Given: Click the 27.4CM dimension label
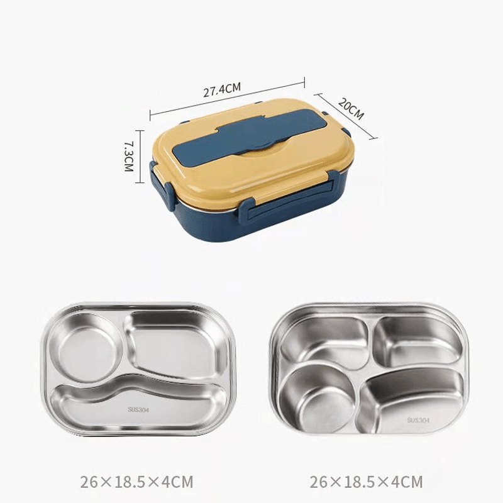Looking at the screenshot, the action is (x=222, y=89).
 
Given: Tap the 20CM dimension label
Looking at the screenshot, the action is (x=351, y=109).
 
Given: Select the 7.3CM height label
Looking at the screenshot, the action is (x=129, y=156).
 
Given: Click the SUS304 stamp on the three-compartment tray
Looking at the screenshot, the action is (x=138, y=410).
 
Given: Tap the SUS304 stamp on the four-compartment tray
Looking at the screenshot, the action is (x=418, y=420).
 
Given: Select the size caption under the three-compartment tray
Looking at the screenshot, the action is (x=136, y=482).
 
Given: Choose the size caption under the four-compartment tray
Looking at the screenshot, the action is (x=367, y=482).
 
